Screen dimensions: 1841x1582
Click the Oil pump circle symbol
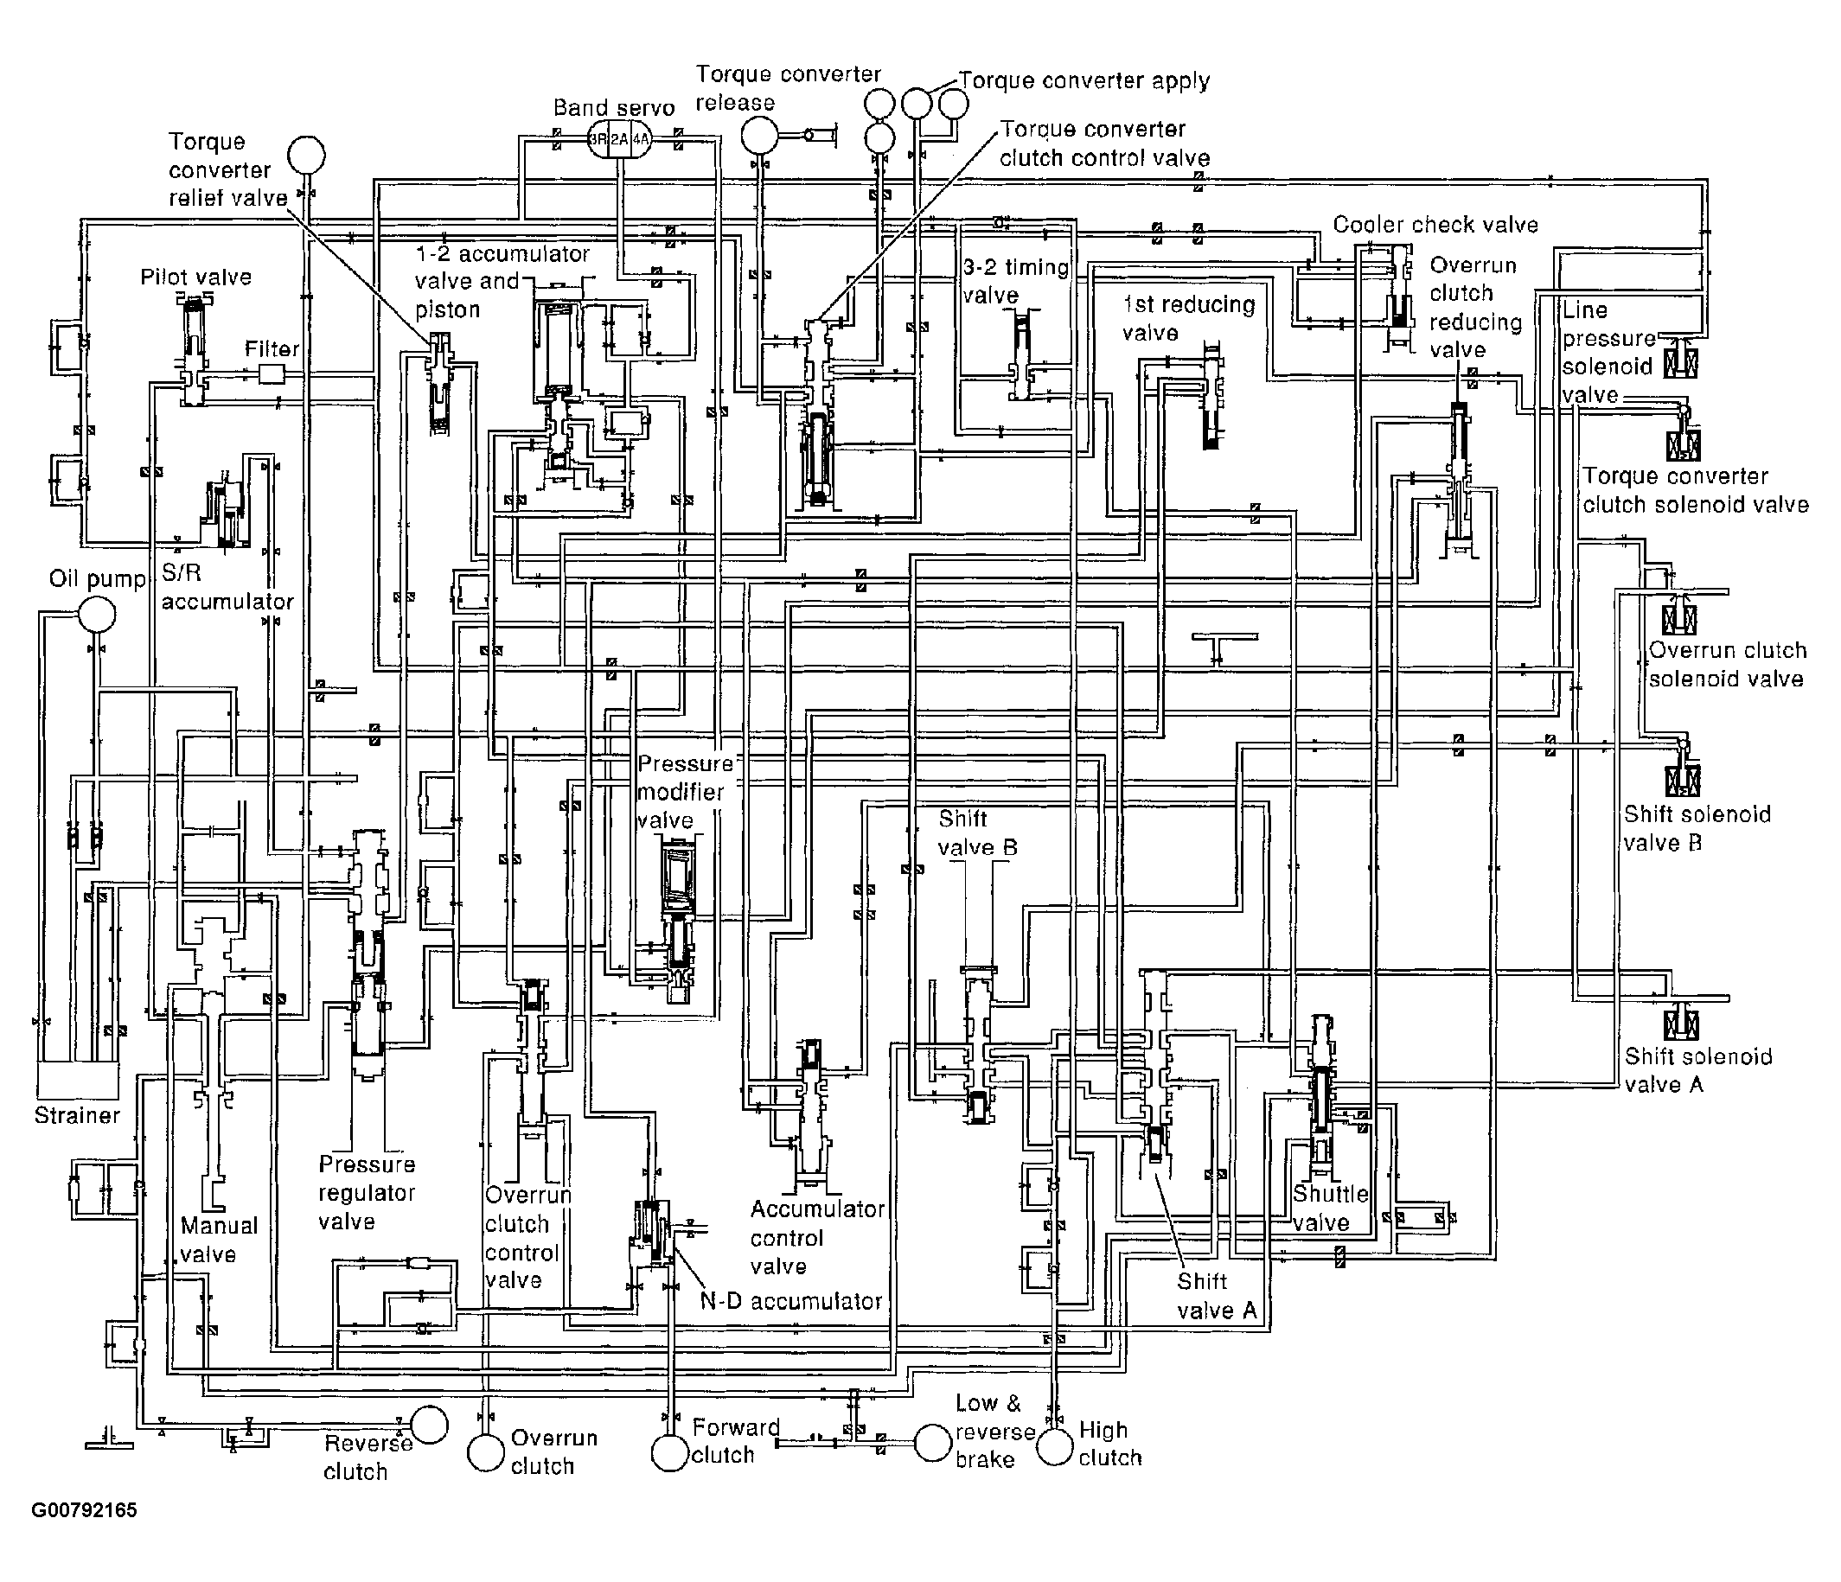coord(96,615)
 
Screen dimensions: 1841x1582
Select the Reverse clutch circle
coord(429,1425)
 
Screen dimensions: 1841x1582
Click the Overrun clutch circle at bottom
coord(486,1454)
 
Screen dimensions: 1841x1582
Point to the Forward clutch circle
coord(670,1453)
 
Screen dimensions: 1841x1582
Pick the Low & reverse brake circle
coord(933,1444)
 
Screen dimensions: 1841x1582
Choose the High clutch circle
coord(1056,1447)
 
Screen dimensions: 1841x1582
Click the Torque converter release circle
coord(760,136)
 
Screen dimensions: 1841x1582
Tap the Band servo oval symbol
coord(618,139)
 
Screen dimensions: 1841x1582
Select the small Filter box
coord(270,375)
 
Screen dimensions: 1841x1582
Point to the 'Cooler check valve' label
coord(1435,225)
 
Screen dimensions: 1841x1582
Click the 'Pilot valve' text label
coord(195,277)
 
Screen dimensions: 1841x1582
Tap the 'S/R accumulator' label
coord(227,587)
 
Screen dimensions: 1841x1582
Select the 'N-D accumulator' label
coord(790,1301)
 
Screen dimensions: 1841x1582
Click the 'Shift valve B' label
coord(977,832)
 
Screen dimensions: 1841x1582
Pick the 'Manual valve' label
coord(219,1239)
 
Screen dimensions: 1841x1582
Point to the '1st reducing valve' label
coord(1188,318)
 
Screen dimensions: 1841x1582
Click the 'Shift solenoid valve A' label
coord(1698,1069)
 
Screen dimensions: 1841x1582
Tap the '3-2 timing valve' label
coord(1015,281)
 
